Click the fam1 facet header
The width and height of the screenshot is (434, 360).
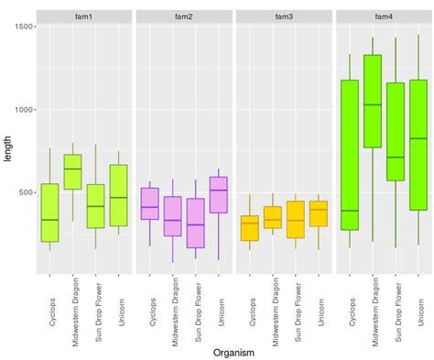[x=84, y=16]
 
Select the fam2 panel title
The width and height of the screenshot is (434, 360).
[x=183, y=16]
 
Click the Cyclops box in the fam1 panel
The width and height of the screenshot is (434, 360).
[x=50, y=213]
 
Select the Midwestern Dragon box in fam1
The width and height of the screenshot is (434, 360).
[x=73, y=171]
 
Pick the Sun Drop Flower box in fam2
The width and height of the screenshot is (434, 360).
[x=195, y=223]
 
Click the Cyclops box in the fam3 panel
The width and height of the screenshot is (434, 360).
[x=249, y=228]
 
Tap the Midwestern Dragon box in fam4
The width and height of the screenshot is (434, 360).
[x=372, y=101]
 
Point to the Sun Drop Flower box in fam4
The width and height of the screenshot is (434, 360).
[x=396, y=131]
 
